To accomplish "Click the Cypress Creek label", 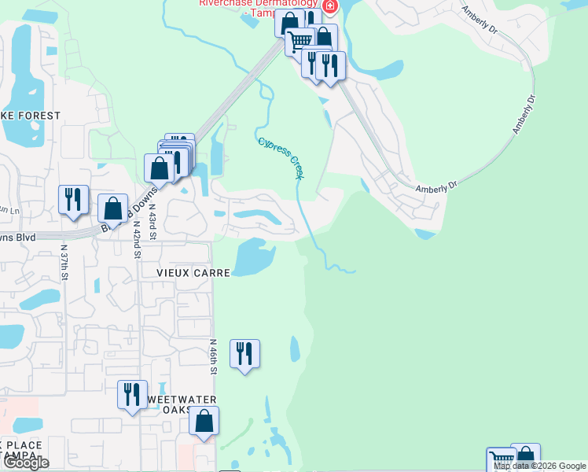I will coord(281,157).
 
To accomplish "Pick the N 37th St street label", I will coord(64,263).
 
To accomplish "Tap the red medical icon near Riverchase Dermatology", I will coord(329,6).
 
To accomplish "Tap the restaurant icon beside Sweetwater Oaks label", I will coord(131,393).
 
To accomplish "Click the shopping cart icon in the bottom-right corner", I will coord(501,459).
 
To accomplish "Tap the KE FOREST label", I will coord(31,116).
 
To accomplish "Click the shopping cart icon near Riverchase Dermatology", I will coord(299,40).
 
